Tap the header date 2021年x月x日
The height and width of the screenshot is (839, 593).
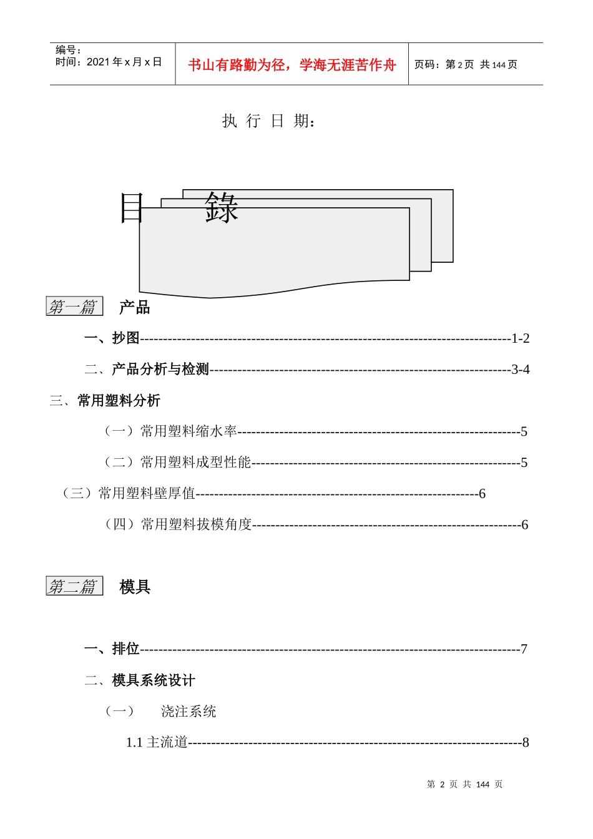pyautogui.click(x=124, y=62)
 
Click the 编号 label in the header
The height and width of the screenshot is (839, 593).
pyautogui.click(x=68, y=50)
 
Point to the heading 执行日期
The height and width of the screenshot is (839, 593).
pyautogui.click(x=268, y=120)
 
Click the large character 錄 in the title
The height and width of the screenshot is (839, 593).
pyautogui.click(x=222, y=208)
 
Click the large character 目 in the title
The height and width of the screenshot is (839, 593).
pyautogui.click(x=132, y=208)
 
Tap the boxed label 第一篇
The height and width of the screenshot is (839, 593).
pyautogui.click(x=74, y=307)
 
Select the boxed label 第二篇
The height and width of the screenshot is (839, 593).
pyautogui.click(x=74, y=586)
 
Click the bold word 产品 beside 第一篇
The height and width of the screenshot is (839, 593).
pyautogui.click(x=135, y=307)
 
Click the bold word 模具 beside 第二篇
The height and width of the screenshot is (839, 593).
pyautogui.click(x=135, y=587)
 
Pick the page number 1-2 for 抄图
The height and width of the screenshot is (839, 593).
pyautogui.click(x=521, y=338)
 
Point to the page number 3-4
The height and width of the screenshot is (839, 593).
pyautogui.click(x=521, y=370)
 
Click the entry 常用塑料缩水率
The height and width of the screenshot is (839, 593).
pyautogui.click(x=189, y=431)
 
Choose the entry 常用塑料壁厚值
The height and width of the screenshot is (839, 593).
pyautogui.click(x=147, y=494)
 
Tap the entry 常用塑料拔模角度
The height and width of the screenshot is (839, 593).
pyautogui.click(x=196, y=524)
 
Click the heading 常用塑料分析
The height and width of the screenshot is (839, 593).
pyautogui.click(x=119, y=401)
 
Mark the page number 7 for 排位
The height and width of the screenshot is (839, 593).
pyautogui.click(x=524, y=649)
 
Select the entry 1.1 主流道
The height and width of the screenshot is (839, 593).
pyautogui.click(x=157, y=742)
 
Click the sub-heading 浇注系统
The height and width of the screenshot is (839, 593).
pyautogui.click(x=189, y=712)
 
